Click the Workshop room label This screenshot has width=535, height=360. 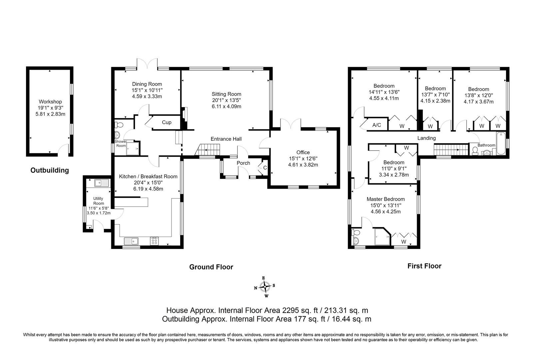pyautogui.click(x=50, y=102)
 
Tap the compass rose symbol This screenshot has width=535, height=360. pyautogui.click(x=265, y=286)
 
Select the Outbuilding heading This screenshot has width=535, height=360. pyautogui.click(x=50, y=170)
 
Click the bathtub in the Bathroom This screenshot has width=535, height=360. pyautogui.click(x=501, y=143)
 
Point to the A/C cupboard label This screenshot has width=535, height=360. pyautogui.click(x=377, y=125)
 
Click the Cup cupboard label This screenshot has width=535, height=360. pyautogui.click(x=167, y=122)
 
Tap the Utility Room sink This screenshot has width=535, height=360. pyautogui.click(x=102, y=183)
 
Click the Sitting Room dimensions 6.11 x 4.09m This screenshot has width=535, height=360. pyautogui.click(x=227, y=106)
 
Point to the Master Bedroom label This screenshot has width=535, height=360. pyautogui.click(x=385, y=199)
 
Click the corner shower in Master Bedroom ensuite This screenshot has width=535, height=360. pyautogui.click(x=382, y=237)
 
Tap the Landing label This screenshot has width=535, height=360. pyautogui.click(x=426, y=138)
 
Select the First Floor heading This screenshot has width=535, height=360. pyautogui.click(x=424, y=266)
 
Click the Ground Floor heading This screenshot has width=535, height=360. pyautogui.click(x=211, y=267)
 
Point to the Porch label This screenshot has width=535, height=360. pyautogui.click(x=244, y=163)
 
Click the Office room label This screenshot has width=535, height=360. pyautogui.click(x=303, y=152)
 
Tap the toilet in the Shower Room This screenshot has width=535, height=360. pyautogui.click(x=119, y=125)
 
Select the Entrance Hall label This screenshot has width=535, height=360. pyautogui.click(x=226, y=139)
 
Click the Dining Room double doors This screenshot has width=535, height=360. pyautogui.click(x=147, y=64)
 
